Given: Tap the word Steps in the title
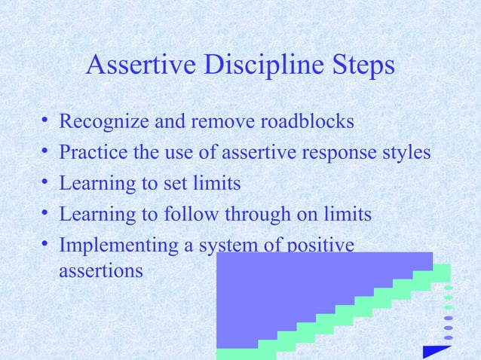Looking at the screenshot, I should [360, 66].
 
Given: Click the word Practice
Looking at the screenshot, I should [93, 153].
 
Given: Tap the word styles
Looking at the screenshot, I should [408, 153].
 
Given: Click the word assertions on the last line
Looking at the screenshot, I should [100, 269].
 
